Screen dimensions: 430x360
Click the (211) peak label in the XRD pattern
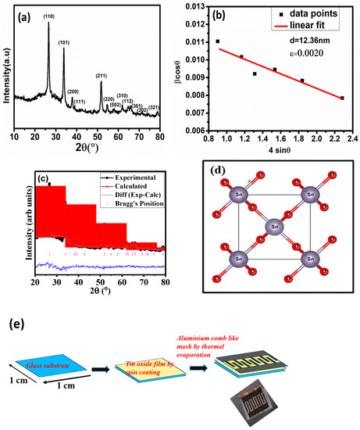pos(102,76)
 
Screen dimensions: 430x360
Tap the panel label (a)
pos(23,15)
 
